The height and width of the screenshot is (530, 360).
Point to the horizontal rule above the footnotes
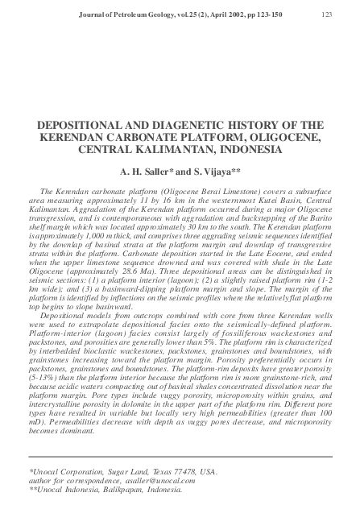click(180, 457)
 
